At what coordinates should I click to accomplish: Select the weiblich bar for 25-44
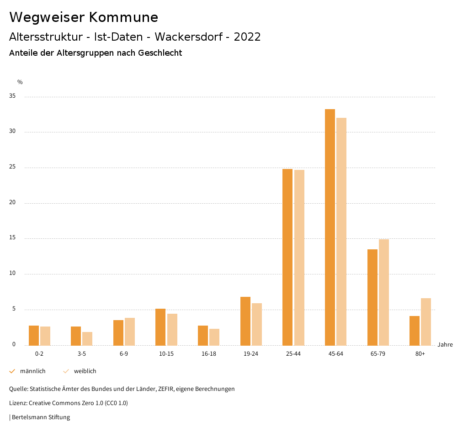[299, 258]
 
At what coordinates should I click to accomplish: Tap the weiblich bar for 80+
[426, 321]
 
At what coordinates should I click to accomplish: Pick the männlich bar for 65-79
[372, 297]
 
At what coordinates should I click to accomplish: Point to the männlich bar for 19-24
[245, 321]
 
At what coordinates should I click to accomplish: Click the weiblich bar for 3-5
[87, 338]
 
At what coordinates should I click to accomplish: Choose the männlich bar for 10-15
[160, 327]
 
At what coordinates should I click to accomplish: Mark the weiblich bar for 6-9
[130, 332]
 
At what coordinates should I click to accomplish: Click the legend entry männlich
[32, 371]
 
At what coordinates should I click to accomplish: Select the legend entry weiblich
[85, 371]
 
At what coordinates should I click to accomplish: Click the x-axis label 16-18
[208, 354]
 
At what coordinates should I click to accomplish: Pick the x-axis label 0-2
[39, 354]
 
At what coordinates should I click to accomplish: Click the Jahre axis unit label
[445, 345]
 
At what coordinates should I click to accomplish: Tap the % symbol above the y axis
[20, 82]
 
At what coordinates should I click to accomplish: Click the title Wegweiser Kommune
[84, 17]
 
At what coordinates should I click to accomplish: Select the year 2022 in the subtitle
[247, 37]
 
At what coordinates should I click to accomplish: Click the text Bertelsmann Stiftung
[41, 417]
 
